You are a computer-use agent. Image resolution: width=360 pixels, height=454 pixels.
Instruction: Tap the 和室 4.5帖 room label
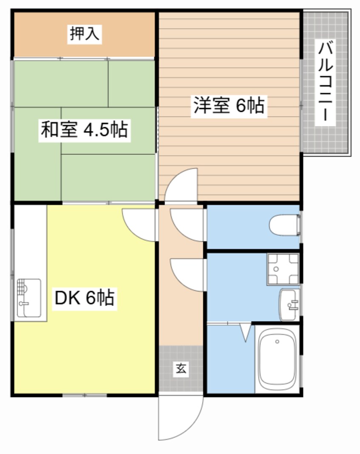click(84, 129)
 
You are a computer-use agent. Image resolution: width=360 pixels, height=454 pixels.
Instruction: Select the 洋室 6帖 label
click(229, 106)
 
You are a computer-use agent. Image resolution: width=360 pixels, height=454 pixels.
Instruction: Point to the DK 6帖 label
click(84, 297)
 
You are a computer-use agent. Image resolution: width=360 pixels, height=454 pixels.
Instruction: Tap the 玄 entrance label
click(181, 368)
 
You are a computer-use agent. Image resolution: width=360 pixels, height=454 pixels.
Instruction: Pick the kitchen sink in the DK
click(29, 299)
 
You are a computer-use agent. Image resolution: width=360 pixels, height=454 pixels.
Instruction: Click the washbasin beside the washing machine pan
click(290, 305)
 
